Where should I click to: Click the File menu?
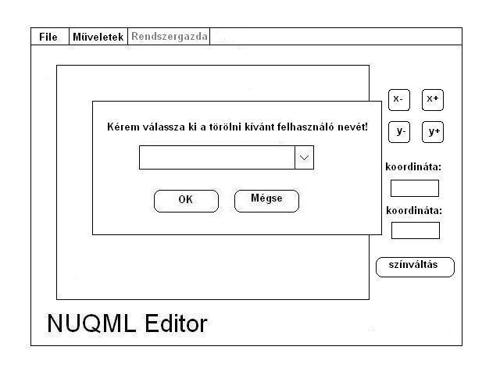pos(48,37)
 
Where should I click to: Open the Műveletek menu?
pos(98,37)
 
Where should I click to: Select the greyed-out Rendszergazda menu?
pos(170,37)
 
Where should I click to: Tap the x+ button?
pos(433,100)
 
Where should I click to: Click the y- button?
pos(399,132)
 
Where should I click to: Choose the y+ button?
pos(433,132)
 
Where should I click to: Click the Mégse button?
pos(266,200)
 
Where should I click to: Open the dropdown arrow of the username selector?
pos(304,157)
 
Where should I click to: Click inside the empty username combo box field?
pos(216,157)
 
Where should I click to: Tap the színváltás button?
pos(414,266)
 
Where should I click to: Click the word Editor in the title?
pos(176,323)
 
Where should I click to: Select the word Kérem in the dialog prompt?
pos(122,127)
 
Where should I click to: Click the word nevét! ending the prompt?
pos(352,127)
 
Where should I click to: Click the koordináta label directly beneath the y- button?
pos(413,166)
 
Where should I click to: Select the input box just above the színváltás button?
pos(415,230)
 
